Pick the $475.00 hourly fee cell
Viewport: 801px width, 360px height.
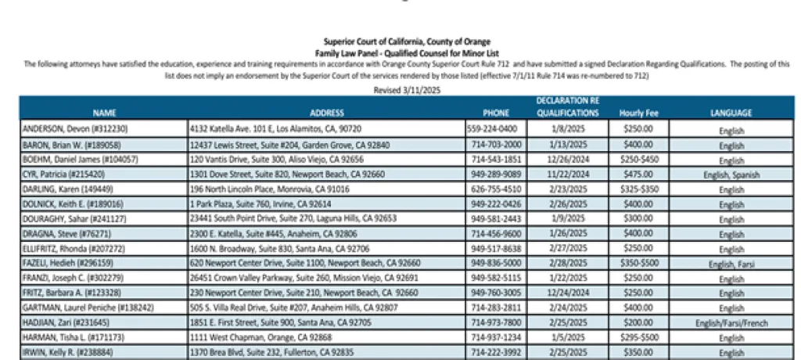pos(638,175)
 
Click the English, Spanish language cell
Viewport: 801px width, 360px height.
pos(731,175)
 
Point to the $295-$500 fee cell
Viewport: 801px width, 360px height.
pos(638,338)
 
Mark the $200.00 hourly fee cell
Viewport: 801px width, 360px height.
pos(638,323)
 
